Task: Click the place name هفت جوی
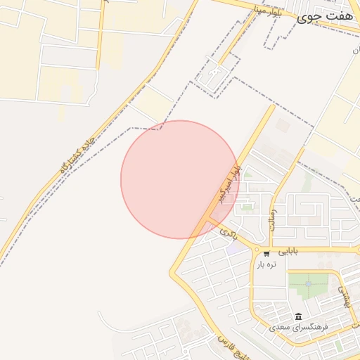(322, 18)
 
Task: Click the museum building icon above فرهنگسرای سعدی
(299, 316)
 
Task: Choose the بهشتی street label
(344, 297)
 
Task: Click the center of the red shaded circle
(179, 179)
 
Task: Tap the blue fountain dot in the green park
(308, 283)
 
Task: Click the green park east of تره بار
(308, 284)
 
